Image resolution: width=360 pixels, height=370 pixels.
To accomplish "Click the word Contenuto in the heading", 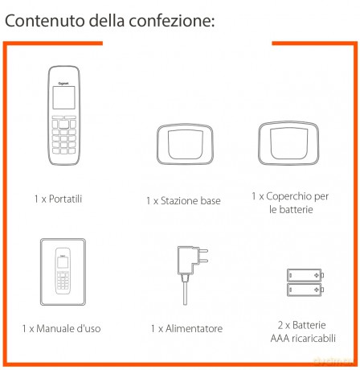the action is coord(45,21).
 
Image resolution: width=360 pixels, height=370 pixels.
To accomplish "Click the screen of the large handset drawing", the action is coord(63,97).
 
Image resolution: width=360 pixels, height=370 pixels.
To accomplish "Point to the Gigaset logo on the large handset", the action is coord(63,84).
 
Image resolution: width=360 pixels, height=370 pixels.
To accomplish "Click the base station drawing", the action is coord(185,144).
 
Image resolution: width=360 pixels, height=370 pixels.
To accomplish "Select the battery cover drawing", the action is coord(288,142).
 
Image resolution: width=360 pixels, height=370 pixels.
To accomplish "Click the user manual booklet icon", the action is coord(63,272).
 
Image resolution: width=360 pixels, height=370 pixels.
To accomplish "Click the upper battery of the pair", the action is coord(305,275).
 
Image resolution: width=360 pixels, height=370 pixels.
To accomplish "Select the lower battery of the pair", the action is coord(305,290).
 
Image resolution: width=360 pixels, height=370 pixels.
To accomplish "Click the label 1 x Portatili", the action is coord(58,199).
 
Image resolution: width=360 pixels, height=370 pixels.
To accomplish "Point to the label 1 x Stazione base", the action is coord(183,201).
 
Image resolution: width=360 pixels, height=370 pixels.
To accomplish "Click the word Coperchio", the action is coord(289,196).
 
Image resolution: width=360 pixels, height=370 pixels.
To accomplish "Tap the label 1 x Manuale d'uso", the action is coord(61,328).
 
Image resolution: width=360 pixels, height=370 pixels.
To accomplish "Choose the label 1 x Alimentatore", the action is coord(186,328).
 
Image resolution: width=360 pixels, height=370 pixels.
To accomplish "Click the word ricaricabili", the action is coord(313,339).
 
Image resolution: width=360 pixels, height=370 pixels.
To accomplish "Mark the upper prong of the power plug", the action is coord(202,251).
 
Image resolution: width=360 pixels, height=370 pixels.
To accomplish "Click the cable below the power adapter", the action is coord(185,294).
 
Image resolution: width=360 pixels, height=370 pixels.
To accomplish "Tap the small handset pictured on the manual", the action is coord(63,271).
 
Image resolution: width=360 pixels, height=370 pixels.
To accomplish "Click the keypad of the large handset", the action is coord(63,135).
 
